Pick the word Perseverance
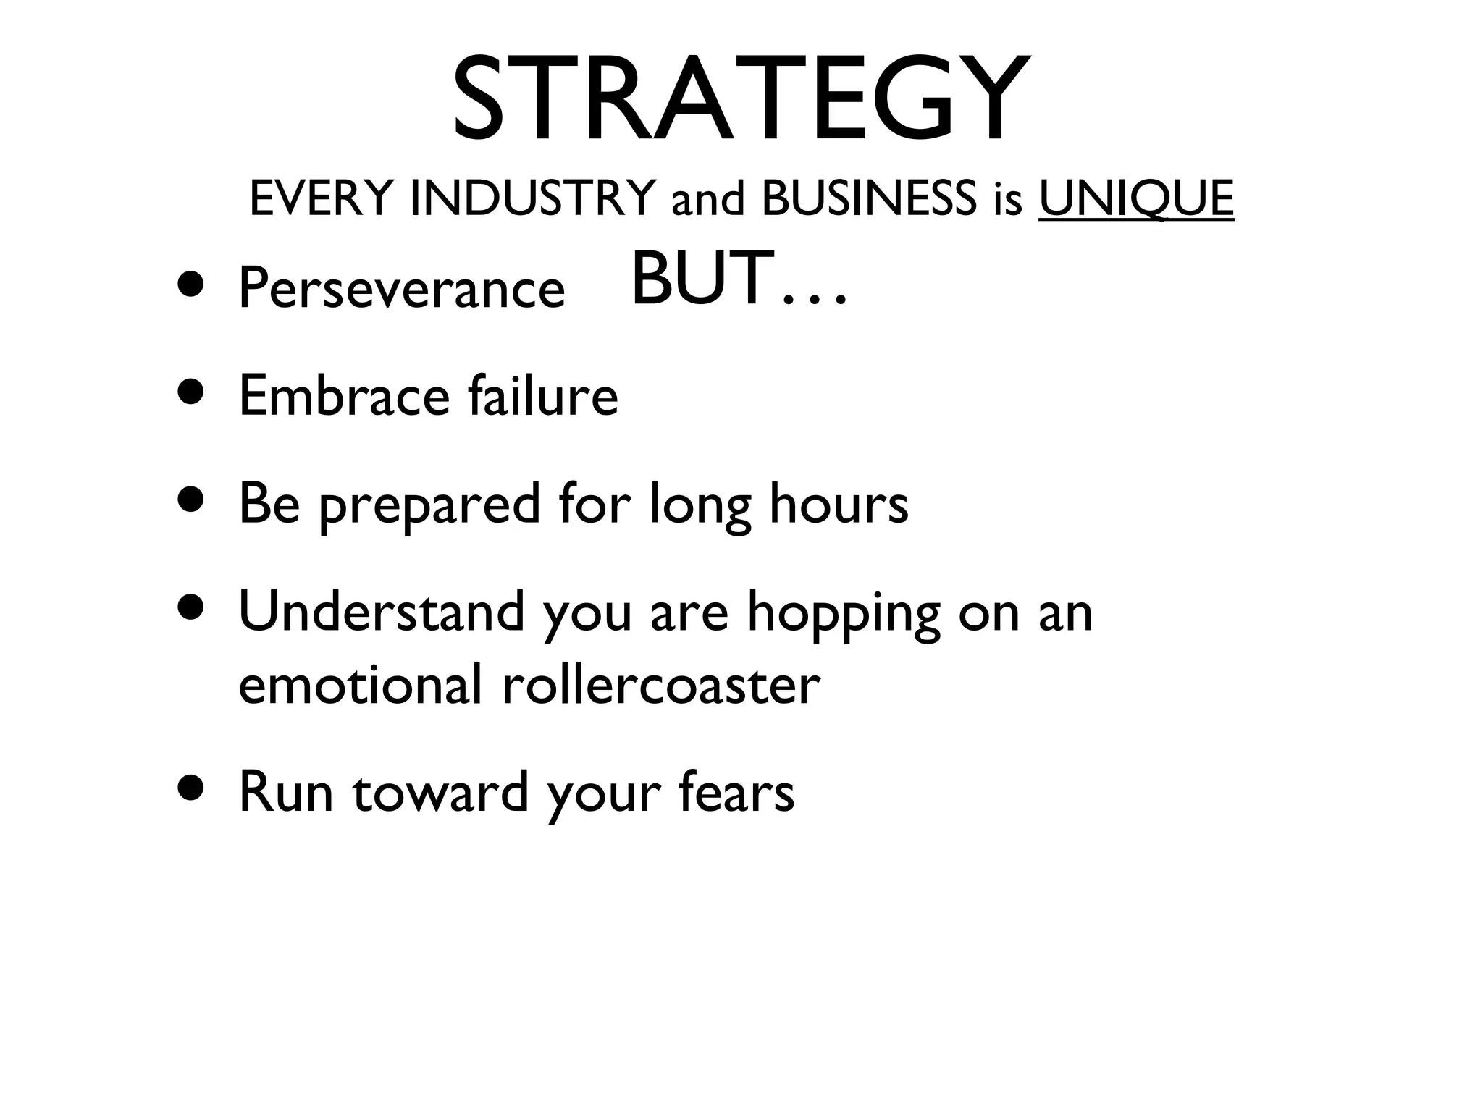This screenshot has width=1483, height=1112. (x=401, y=288)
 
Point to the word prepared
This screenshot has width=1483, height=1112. (x=429, y=505)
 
